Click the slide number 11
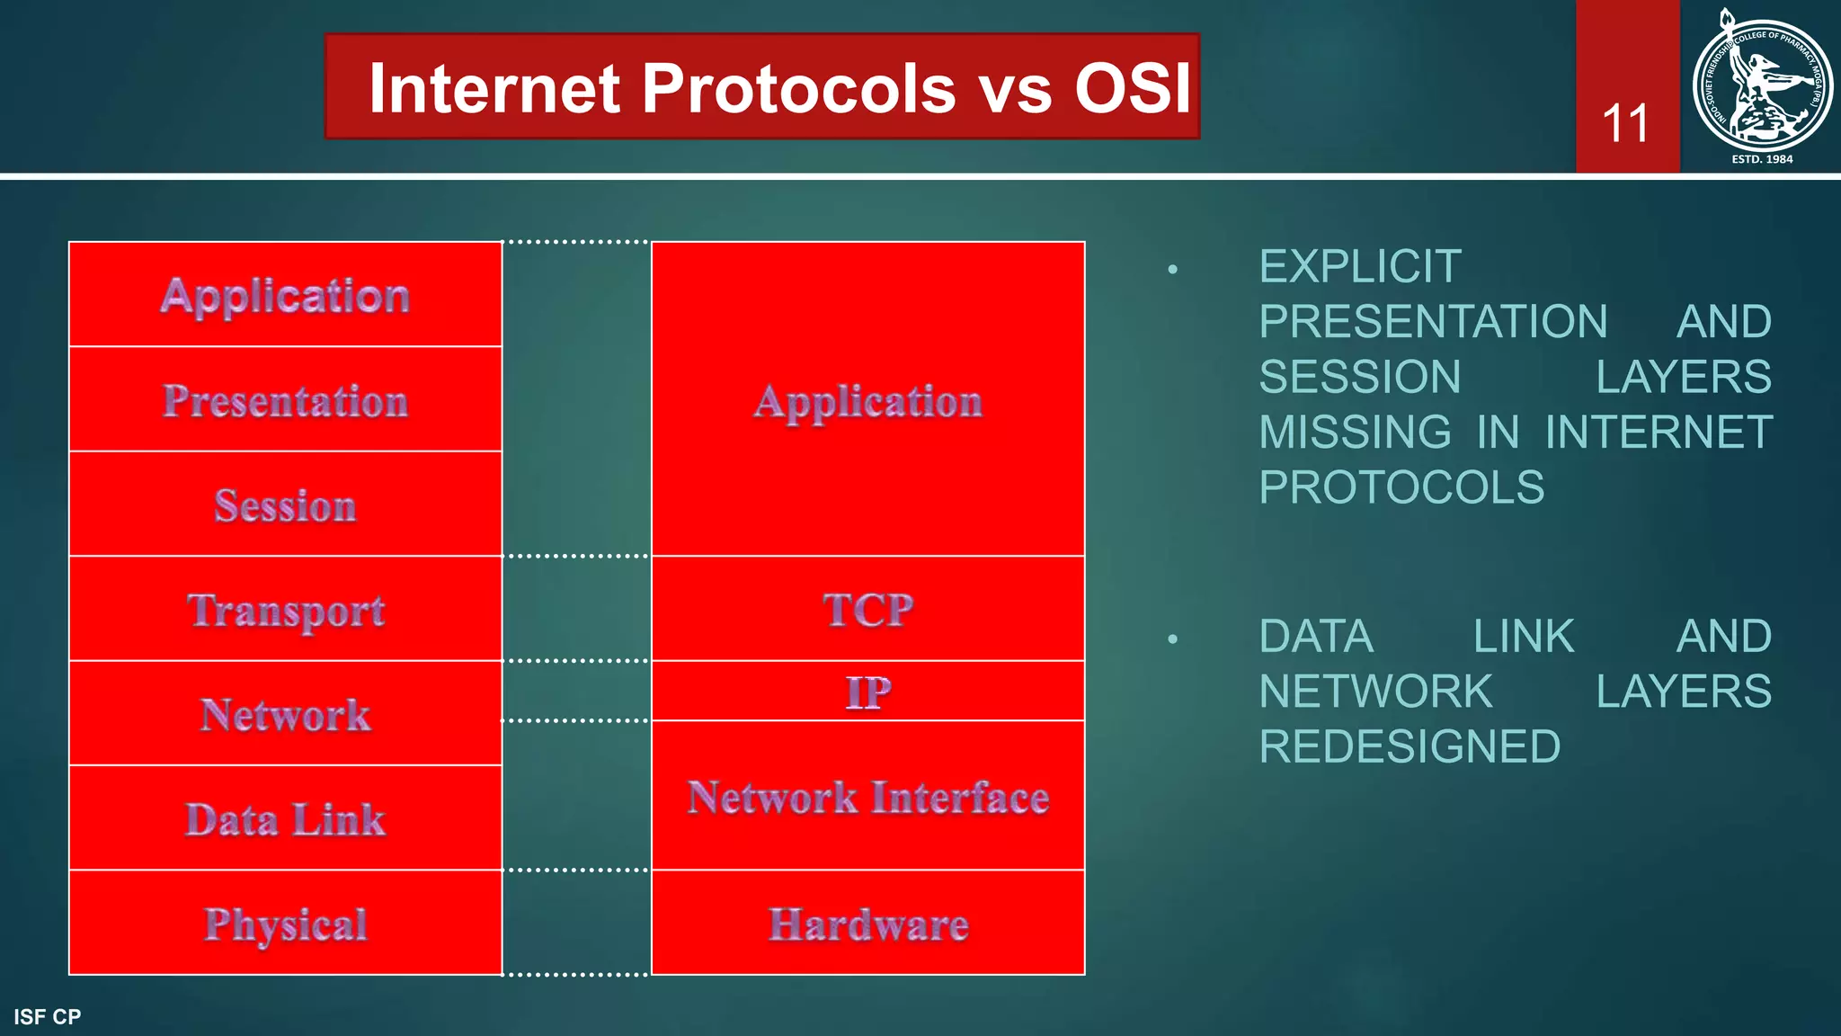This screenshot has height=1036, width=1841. (x=1625, y=124)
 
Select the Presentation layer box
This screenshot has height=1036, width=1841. (x=285, y=399)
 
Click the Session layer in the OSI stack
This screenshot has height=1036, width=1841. (x=285, y=505)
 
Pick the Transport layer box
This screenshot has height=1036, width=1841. (x=285, y=610)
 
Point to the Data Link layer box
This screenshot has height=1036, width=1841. (x=285, y=819)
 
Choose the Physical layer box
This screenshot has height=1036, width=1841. (x=285, y=924)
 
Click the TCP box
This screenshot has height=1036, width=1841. (x=867, y=609)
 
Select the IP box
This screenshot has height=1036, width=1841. (x=867, y=692)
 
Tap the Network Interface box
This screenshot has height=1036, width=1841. (x=867, y=796)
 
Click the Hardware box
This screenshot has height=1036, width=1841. (x=867, y=924)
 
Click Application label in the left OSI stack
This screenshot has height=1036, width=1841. (x=285, y=295)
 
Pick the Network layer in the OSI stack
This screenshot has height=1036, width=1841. (x=285, y=715)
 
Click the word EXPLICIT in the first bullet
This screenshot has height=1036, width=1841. (x=1359, y=267)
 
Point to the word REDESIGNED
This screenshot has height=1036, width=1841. (x=1409, y=746)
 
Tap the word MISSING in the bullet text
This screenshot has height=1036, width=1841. (x=1354, y=433)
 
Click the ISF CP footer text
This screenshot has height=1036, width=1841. (x=48, y=1017)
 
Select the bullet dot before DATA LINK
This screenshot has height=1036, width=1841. (x=1172, y=639)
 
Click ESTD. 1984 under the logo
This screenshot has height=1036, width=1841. (x=1762, y=159)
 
